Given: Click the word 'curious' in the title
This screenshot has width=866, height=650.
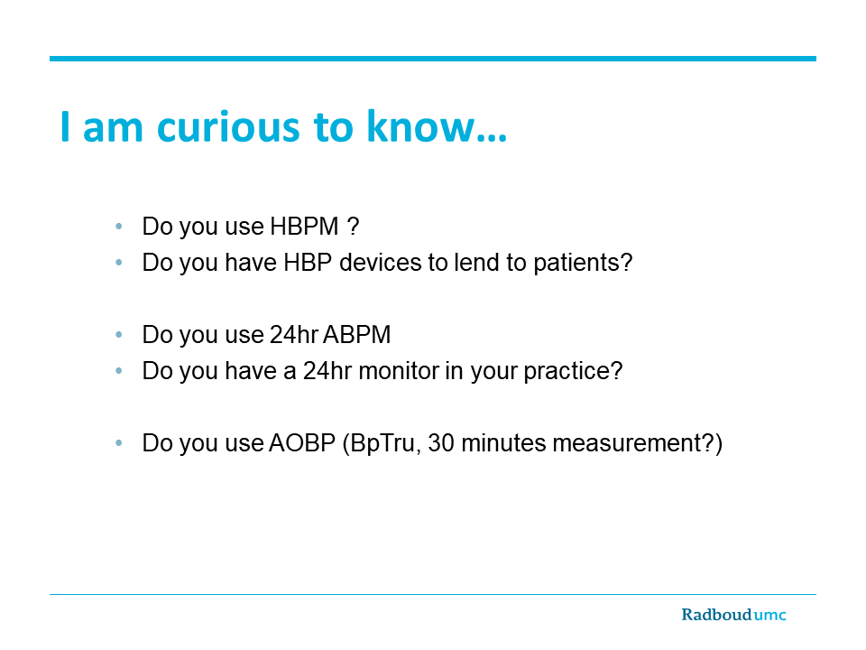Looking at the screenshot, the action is pos(227,127).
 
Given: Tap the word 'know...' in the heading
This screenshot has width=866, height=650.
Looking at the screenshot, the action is pos(437,126).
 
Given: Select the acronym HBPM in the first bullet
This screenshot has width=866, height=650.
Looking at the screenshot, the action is pos(304,226).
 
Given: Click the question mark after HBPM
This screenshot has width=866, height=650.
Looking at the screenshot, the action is pos(353,226).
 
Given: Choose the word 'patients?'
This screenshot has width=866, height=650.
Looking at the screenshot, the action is pos(583,263).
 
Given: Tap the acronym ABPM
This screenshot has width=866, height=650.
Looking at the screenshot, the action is pos(357,334).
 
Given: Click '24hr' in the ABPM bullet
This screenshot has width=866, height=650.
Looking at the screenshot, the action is pos(293,334).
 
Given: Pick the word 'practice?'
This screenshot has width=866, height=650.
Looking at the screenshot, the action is pos(573,371).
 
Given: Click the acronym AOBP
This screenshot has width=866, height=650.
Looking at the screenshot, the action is pos(302,442).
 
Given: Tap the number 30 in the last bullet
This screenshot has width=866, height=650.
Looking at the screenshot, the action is pos(441,442).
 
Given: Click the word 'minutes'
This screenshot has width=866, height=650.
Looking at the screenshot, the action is pos(502,442).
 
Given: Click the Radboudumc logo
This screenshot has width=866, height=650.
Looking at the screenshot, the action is pos(733,615).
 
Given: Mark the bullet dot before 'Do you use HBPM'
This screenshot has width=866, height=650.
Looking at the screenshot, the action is pos(119,226).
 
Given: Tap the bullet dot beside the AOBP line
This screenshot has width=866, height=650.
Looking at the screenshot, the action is pos(119,442).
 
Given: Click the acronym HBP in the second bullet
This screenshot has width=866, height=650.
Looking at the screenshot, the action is pos(308,262).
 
